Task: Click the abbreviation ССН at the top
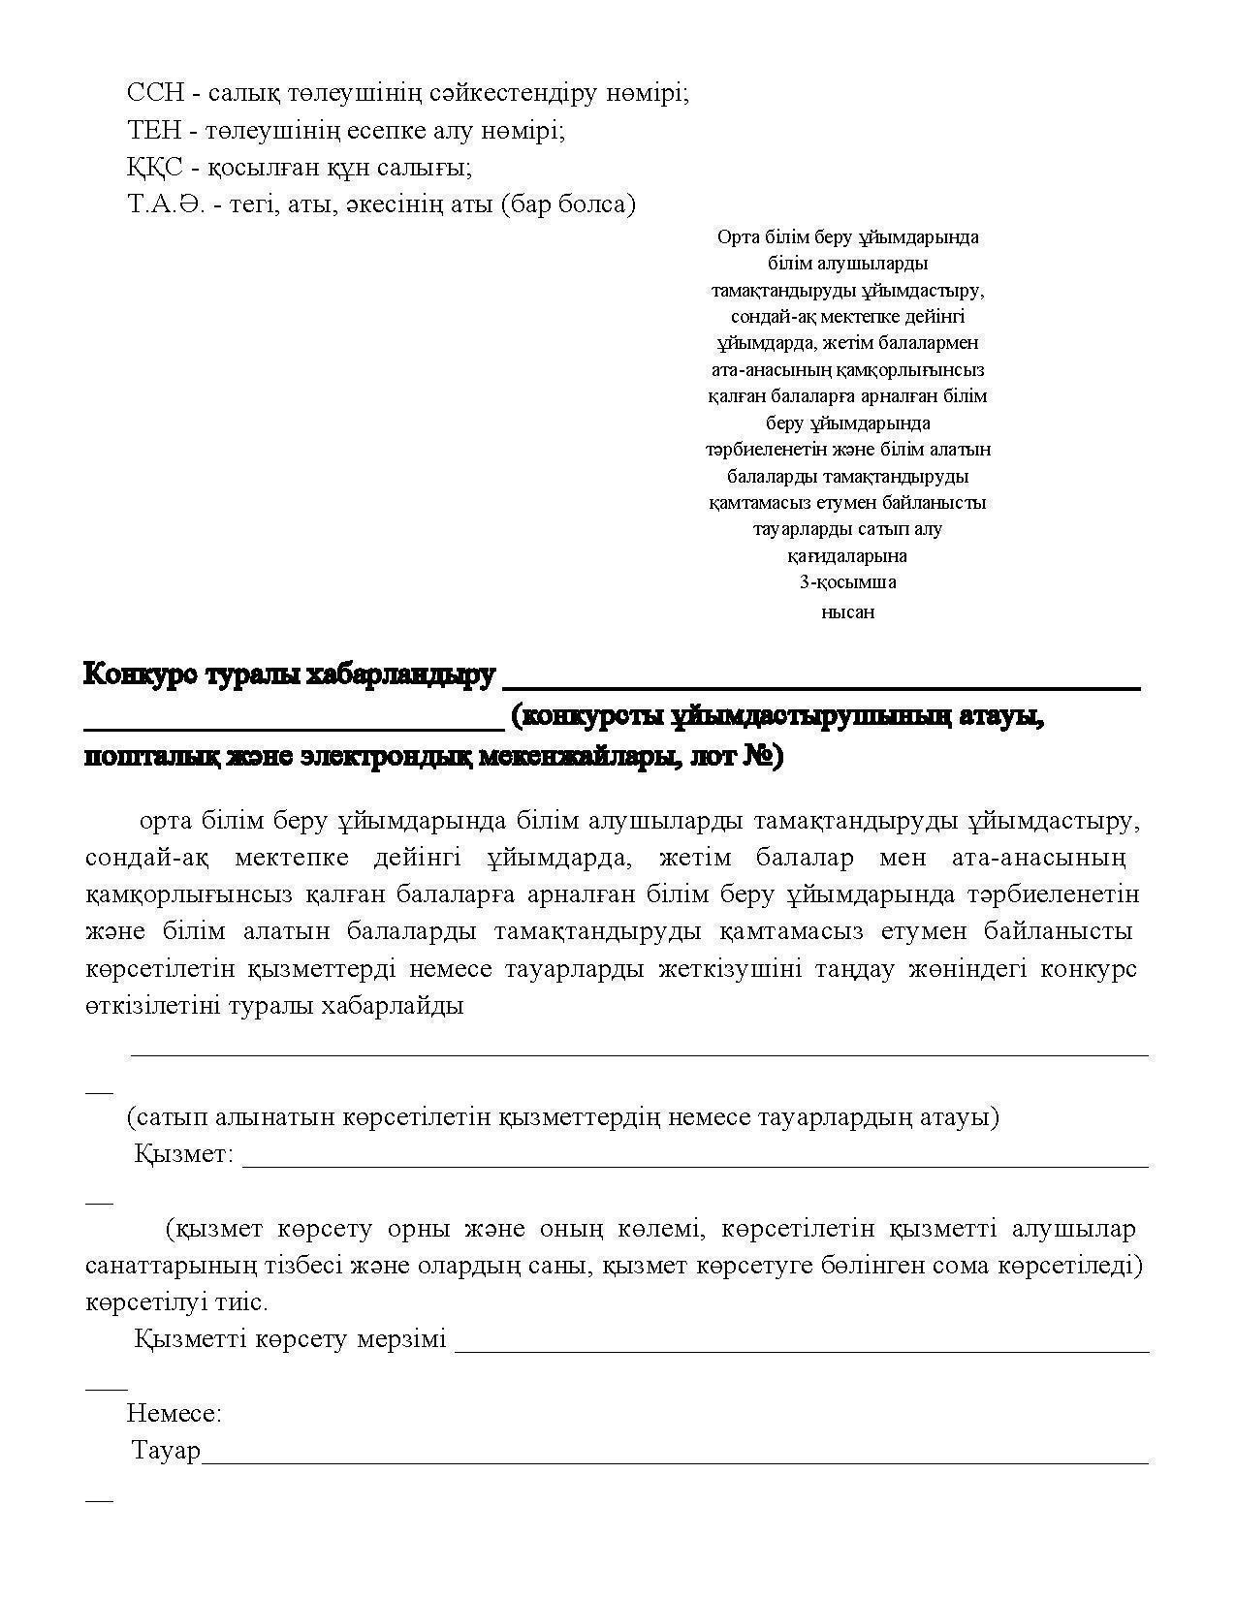153,93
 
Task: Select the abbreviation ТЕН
153,130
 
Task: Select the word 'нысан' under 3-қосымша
847,611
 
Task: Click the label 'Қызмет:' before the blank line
183,1154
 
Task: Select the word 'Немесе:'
174,1413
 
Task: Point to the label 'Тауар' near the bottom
166,1451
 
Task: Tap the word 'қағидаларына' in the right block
847,556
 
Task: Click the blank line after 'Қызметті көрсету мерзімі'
801,1349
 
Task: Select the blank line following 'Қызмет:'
694,1166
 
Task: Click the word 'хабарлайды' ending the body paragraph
396,1005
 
